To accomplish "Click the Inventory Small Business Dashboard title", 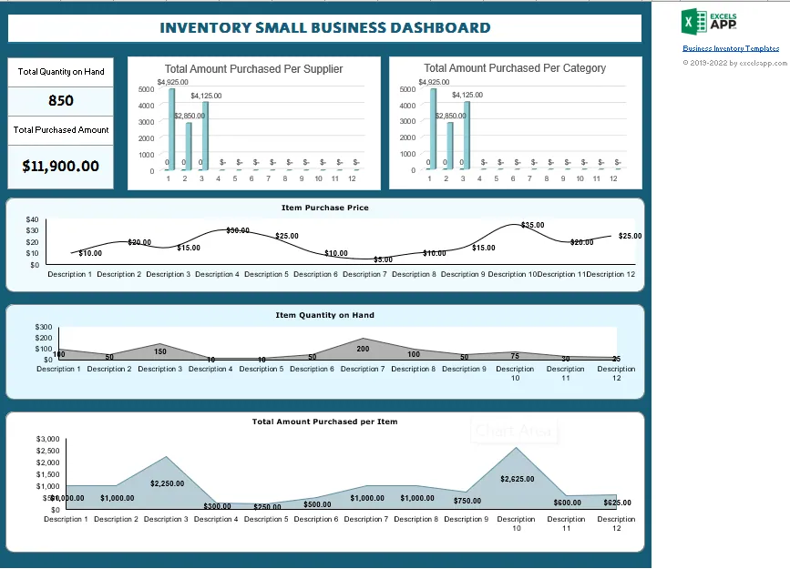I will (x=325, y=28).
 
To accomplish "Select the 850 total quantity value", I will (x=61, y=101).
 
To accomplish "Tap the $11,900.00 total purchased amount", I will (x=61, y=166).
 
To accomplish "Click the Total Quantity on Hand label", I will (x=61, y=72).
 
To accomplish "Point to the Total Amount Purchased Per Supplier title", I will (x=253, y=68).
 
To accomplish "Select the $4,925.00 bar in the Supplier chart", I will (x=171, y=127).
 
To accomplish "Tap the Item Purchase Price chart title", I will (x=324, y=208).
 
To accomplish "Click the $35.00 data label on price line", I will (x=533, y=225).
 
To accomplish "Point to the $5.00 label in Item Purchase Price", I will (x=383, y=259).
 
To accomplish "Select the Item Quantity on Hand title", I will (x=324, y=315).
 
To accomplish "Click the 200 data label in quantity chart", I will (x=364, y=349).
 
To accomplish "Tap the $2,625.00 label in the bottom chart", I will (x=517, y=478).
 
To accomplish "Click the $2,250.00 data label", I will (x=168, y=483).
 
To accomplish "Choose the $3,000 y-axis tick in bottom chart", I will (x=47, y=440).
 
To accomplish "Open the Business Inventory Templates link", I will (x=731, y=48).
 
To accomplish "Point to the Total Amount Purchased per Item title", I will (x=324, y=422).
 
